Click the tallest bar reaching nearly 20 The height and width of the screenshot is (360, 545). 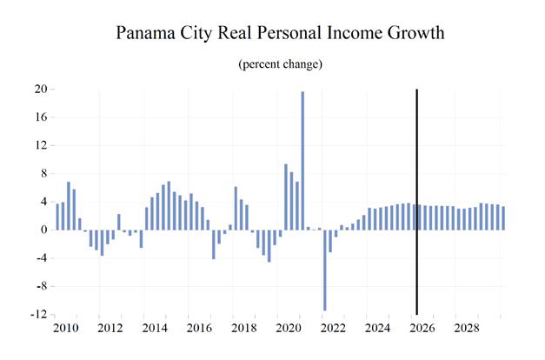[302, 160]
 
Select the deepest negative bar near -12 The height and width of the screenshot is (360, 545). [324, 270]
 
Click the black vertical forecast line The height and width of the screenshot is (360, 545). [416, 202]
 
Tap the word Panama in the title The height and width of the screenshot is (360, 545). [146, 33]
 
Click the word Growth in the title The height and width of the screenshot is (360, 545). [415, 33]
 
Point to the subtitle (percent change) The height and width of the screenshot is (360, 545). [280, 64]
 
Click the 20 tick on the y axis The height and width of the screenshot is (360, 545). [41, 89]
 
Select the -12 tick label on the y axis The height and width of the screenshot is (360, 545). [38, 315]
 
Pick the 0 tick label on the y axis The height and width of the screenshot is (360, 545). [43, 230]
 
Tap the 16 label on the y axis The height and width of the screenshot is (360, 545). [41, 117]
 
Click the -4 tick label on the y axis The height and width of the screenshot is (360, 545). [42, 258]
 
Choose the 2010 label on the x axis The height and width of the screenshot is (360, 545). [66, 328]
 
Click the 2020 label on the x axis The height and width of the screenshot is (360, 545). [289, 328]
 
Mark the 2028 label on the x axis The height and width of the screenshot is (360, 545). [467, 328]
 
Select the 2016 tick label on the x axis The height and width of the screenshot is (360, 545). [200, 328]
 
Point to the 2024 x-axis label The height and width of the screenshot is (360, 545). [378, 328]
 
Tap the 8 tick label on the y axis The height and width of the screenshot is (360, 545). [43, 173]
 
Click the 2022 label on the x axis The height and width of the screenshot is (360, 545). [333, 328]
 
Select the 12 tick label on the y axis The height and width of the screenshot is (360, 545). [41, 145]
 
